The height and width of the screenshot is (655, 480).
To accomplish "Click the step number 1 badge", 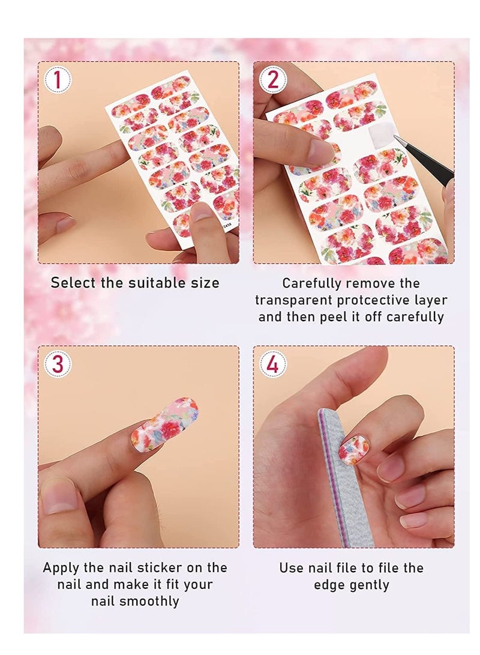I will (58, 80).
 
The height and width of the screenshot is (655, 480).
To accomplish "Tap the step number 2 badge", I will (273, 80).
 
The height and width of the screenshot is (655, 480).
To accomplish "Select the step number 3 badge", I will (58, 364).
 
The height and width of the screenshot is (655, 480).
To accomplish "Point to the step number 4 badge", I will (273, 364).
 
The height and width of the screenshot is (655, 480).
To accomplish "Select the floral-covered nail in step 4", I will (353, 449).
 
